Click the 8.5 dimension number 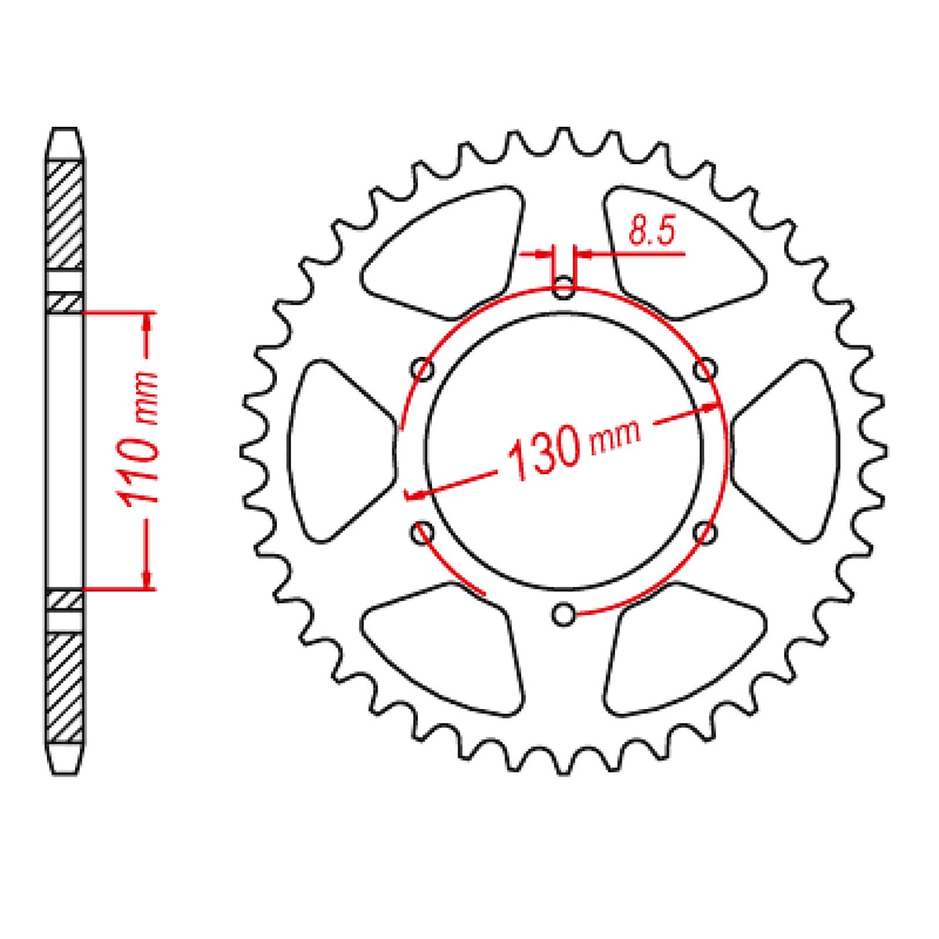click(650, 232)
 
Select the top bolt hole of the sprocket click(564, 288)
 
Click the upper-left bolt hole click(423, 370)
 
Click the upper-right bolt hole click(705, 370)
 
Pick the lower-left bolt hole click(423, 532)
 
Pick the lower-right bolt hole click(705, 532)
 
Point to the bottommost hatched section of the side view click(64, 687)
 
